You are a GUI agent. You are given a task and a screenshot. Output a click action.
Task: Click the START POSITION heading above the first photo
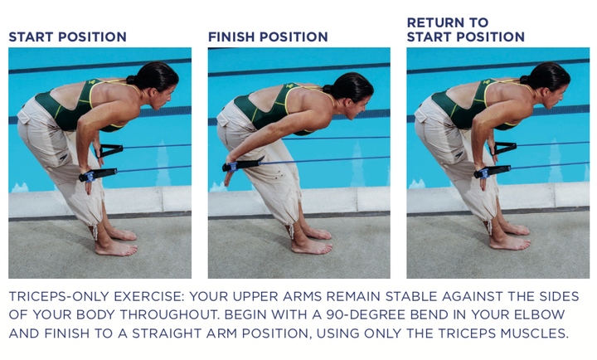pyautogui.click(x=67, y=37)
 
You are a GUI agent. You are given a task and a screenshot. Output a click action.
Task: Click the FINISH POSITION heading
pyautogui.click(x=268, y=37)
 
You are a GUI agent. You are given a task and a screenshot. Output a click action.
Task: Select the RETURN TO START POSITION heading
pyautogui.click(x=465, y=30)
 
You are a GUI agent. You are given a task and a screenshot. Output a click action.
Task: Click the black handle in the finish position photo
pyautogui.click(x=244, y=164)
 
